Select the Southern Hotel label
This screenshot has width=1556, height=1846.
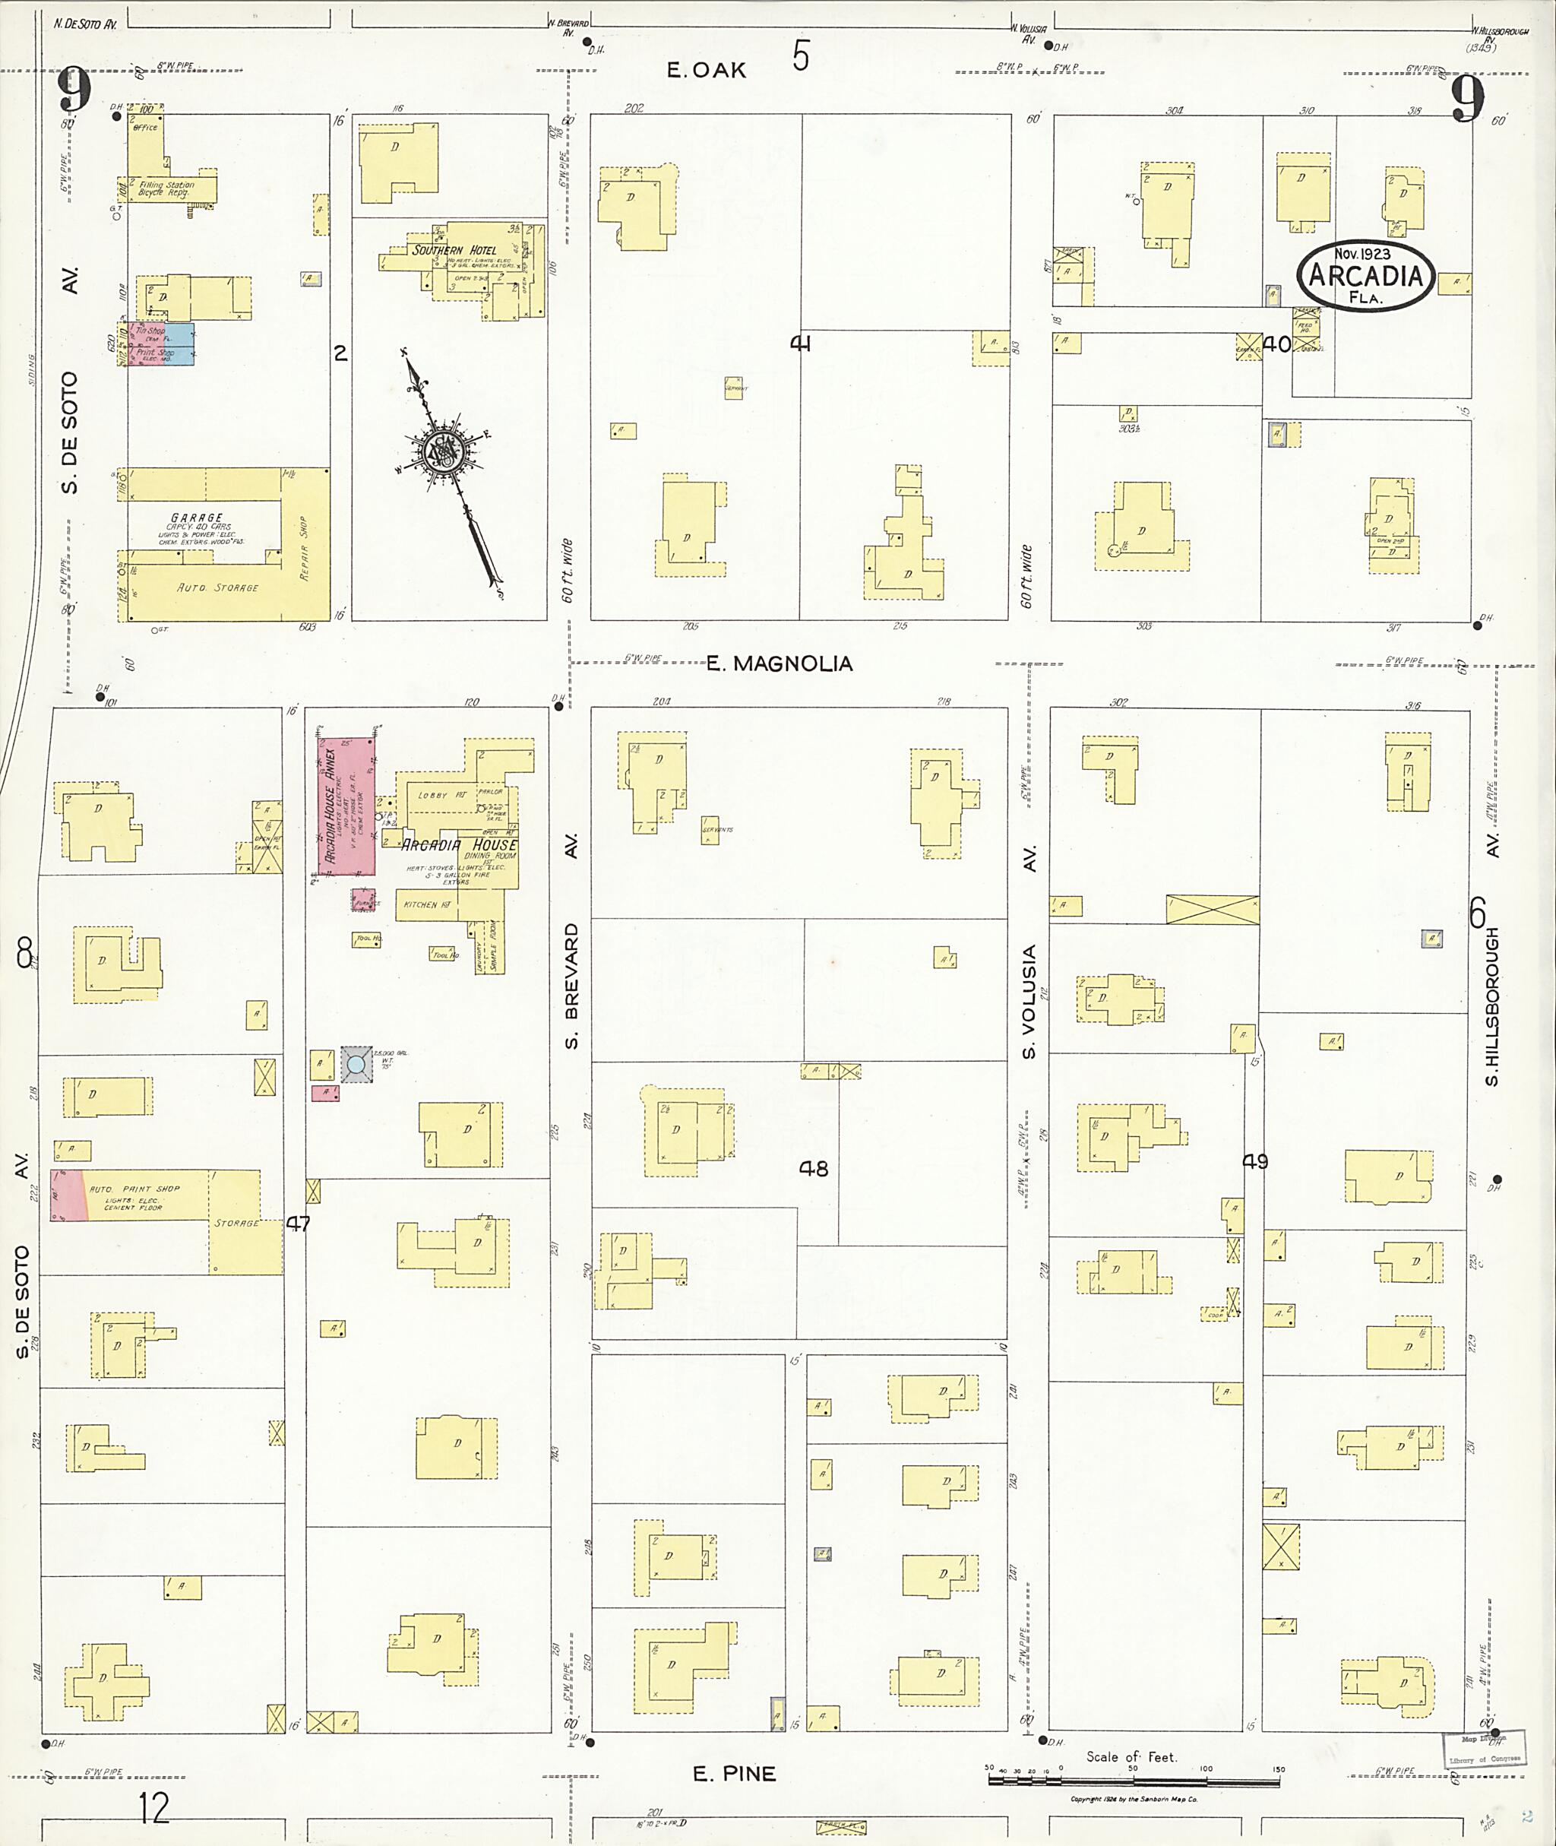coord(454,250)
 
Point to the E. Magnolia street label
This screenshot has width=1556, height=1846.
coord(779,663)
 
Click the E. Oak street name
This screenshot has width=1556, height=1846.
coord(706,71)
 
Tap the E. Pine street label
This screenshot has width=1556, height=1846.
coord(734,1774)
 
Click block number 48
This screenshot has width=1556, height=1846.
coord(813,1168)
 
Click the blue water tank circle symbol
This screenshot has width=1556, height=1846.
coord(356,1064)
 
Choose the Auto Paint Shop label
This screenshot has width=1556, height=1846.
coord(134,1189)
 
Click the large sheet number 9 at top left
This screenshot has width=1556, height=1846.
coord(75,92)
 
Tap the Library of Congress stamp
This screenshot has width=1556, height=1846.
coord(1485,1748)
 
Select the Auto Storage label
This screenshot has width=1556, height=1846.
coord(217,587)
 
